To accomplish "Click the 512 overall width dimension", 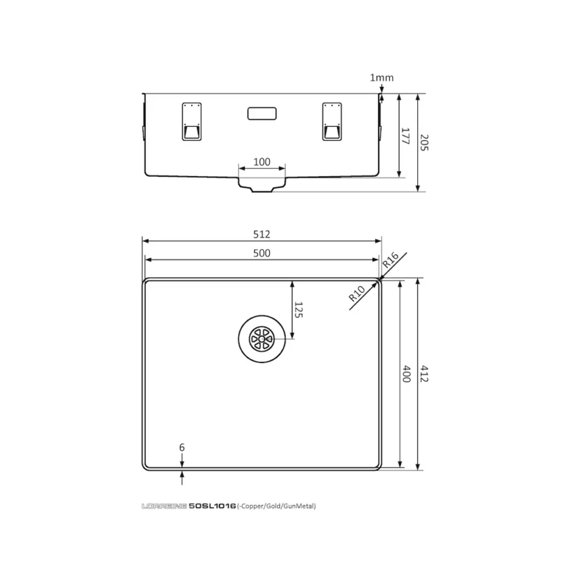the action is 262,234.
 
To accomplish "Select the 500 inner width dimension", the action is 262,253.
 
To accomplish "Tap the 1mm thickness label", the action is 381,78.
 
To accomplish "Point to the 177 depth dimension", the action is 405,136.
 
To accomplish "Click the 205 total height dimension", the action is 424,142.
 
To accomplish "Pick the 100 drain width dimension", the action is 262,162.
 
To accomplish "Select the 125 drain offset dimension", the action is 298,310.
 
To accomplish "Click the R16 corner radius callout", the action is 391,259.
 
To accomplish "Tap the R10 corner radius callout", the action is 357,293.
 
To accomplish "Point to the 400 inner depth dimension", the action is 407,374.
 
